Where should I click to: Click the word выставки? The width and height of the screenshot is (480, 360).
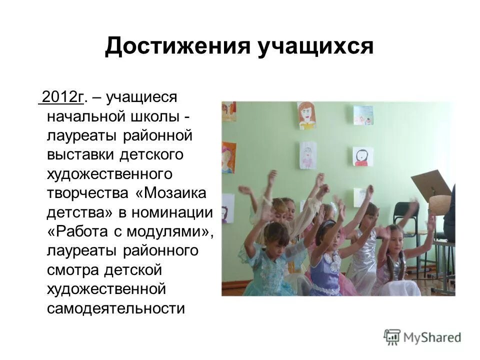80,155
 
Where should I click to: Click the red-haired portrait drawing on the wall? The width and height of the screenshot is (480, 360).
306,114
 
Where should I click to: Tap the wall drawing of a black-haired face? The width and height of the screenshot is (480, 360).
362,156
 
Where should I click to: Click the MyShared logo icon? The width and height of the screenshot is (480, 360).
392,337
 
